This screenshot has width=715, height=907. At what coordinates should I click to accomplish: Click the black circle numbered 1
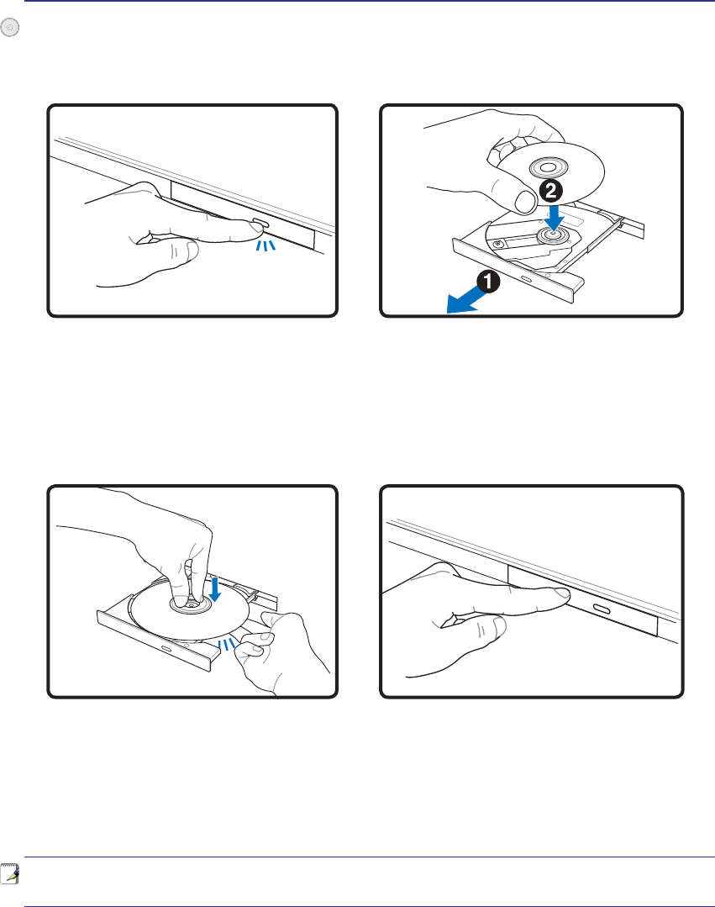click(x=488, y=282)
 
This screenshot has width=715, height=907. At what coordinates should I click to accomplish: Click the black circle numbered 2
click(x=551, y=190)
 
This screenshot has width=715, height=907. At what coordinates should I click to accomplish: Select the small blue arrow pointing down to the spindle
click(x=553, y=216)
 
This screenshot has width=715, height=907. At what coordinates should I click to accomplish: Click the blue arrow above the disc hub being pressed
click(x=214, y=588)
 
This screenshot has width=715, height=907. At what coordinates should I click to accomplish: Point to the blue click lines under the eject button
click(x=265, y=245)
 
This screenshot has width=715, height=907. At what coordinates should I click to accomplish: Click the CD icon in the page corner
click(x=10, y=27)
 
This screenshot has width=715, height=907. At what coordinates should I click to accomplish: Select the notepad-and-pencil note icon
click(x=10, y=874)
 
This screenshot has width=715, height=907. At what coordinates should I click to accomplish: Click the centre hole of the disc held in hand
click(x=546, y=169)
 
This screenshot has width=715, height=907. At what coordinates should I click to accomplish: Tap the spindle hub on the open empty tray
click(x=553, y=235)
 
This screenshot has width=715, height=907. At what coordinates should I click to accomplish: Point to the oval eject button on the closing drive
click(x=601, y=609)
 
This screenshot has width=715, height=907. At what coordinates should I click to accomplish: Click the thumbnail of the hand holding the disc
click(x=525, y=202)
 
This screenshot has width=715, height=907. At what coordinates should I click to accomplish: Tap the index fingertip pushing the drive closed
click(x=560, y=594)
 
